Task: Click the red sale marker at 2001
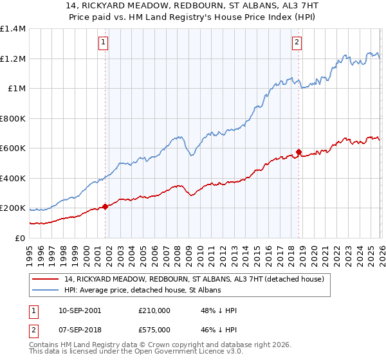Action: [105, 207]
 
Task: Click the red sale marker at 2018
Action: [299, 152]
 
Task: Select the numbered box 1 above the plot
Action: [104, 43]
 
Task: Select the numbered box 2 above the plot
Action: [297, 43]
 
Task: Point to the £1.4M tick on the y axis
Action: [13, 29]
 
